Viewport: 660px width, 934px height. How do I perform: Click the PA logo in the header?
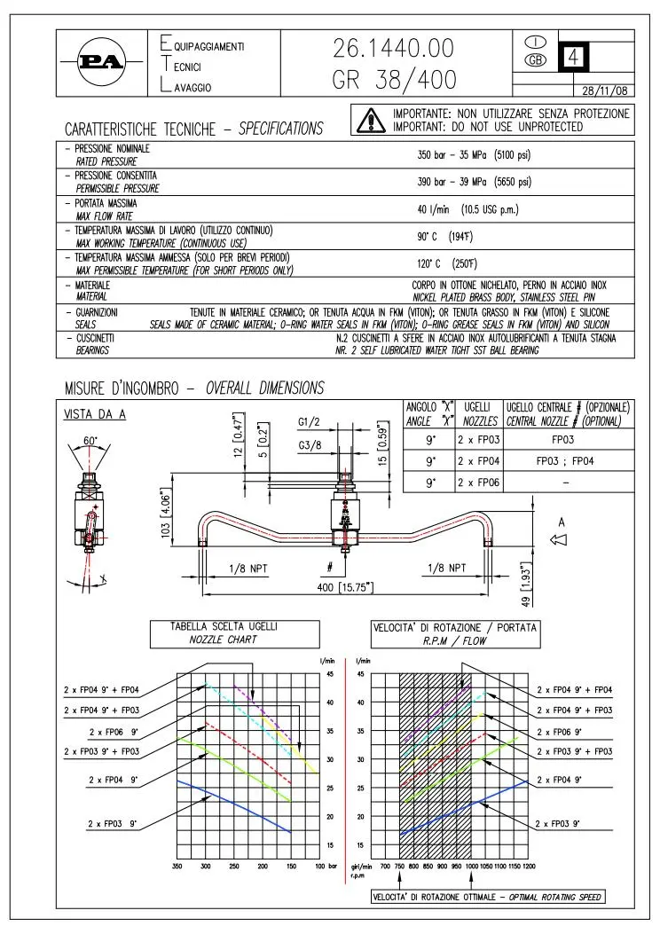point(101,62)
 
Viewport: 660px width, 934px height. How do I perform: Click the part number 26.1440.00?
point(393,48)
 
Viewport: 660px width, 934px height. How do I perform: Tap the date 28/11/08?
point(605,90)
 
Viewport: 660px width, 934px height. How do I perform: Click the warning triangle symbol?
point(370,120)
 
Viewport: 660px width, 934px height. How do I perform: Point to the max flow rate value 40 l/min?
point(433,209)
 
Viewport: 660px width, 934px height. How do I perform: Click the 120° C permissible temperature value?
point(428,263)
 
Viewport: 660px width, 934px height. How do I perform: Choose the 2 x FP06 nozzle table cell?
point(478,483)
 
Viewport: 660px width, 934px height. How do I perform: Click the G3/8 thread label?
point(310,445)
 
